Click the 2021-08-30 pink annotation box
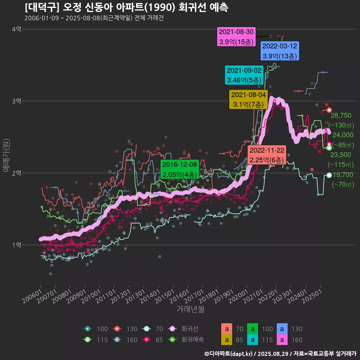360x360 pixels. [236, 37]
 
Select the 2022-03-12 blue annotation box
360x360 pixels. [280, 51]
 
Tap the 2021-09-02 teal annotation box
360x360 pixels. [244, 75]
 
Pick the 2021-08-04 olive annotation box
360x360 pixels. [248, 99]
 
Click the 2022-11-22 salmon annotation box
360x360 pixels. [267, 155]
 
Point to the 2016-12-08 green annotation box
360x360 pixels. [180, 169]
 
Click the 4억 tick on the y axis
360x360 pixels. [16, 29]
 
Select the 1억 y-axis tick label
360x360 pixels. [16, 245]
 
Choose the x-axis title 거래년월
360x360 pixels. [190, 309]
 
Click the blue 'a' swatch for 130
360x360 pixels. [282, 329]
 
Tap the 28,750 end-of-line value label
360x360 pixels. [341, 115]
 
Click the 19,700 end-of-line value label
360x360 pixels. [343, 174]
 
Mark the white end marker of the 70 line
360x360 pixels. [329, 175]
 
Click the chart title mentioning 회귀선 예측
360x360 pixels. [126, 7]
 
